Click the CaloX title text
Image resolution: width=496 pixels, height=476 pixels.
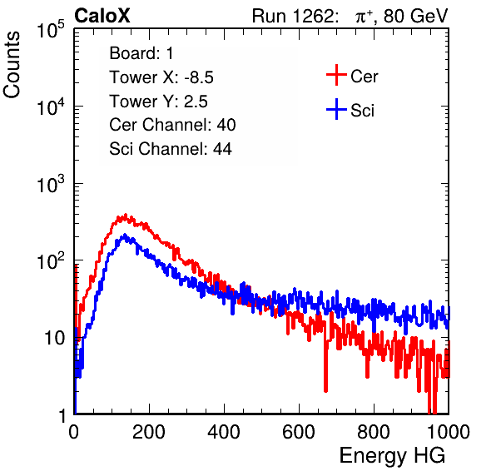[102, 16]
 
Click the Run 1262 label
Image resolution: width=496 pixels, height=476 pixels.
[293, 16]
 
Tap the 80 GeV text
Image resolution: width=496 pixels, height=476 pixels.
[415, 16]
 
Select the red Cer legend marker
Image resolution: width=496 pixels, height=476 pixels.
[336, 75]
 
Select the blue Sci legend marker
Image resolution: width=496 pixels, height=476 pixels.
[336, 109]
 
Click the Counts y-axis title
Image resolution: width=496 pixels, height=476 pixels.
[12, 65]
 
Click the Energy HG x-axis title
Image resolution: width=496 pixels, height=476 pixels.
[392, 456]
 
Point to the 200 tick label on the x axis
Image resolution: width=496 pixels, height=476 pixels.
[149, 432]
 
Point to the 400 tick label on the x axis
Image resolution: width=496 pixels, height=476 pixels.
[224, 432]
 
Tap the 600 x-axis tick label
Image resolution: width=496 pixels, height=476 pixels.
[299, 432]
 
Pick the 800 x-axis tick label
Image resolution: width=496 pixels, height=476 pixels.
[374, 432]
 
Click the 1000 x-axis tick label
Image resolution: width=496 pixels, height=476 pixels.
[449, 432]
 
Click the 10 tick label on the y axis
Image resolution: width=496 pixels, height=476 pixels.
[55, 338]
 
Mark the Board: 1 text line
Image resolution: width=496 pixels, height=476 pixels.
[141, 53]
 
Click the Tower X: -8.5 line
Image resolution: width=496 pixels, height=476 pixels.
[161, 77]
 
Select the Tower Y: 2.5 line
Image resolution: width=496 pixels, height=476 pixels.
[158, 102]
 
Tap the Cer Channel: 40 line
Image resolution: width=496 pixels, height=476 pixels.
[172, 125]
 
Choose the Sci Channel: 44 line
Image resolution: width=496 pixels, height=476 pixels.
[171, 149]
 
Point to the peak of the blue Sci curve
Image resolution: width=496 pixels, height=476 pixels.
[125, 235]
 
